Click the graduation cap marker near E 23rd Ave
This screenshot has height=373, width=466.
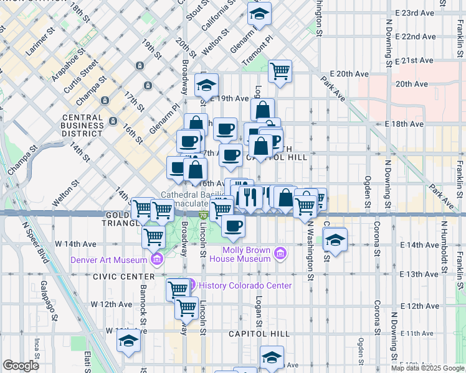click(x=259, y=13)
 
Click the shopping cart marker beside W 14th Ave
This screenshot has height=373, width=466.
click(x=154, y=237)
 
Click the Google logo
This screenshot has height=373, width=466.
click(x=21, y=366)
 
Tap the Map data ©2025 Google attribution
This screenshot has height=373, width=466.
click(x=427, y=368)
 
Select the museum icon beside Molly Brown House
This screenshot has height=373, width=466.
click(x=280, y=253)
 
